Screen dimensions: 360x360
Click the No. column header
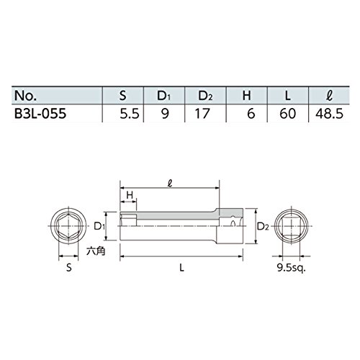(25, 96)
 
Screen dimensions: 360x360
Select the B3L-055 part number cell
(40, 113)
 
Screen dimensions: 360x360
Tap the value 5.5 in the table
(130, 113)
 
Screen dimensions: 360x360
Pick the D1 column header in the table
(164, 96)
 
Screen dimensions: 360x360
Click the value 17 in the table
(202, 113)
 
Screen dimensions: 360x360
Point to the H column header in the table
(246, 96)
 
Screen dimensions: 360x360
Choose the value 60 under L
(287, 113)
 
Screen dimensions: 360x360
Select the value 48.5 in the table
(329, 113)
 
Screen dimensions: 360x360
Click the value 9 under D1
(165, 113)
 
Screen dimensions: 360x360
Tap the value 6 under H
(251, 113)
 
